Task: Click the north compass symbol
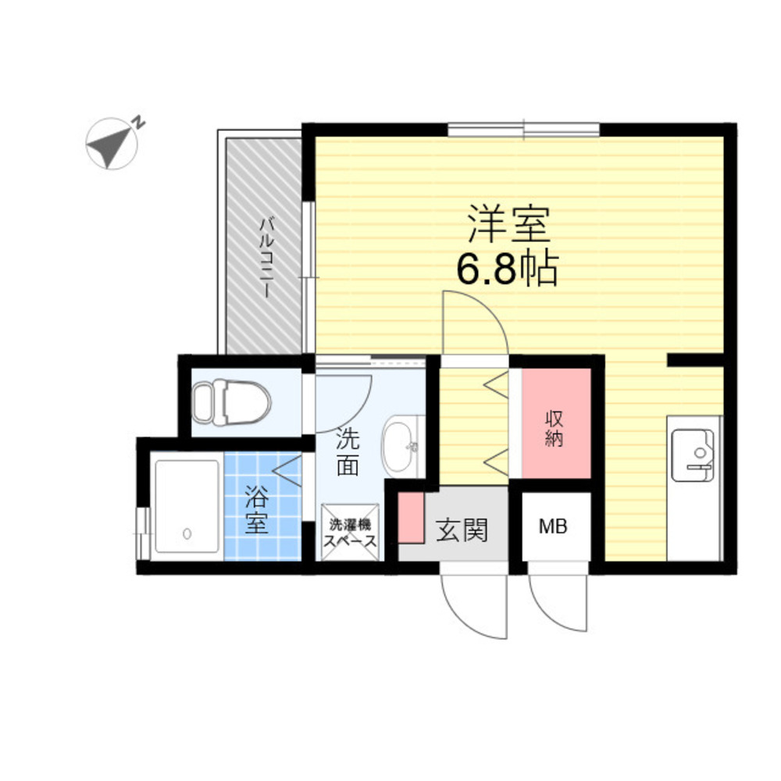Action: point(112,144)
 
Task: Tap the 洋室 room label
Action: point(508,225)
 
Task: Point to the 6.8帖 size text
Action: point(507,269)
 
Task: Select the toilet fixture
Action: point(232,402)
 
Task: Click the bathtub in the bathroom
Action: point(187,506)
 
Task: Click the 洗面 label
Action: point(348,451)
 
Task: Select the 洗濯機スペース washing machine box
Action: point(350,533)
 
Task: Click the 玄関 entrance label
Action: point(462,530)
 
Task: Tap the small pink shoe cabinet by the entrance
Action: point(411,518)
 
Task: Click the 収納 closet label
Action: point(554,428)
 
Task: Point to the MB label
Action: point(554,526)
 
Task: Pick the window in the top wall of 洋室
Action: point(523,130)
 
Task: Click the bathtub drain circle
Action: point(187,533)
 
